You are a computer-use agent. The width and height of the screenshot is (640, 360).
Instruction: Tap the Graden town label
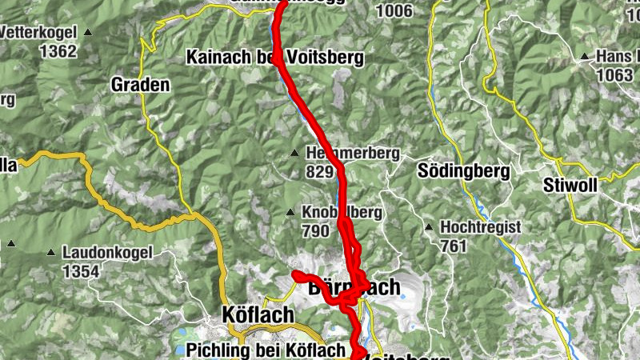pyautogui.click(x=140, y=85)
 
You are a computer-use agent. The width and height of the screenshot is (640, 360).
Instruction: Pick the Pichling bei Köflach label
pyautogui.click(x=267, y=350)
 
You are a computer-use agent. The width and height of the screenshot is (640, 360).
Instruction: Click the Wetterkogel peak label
pyautogui.click(x=40, y=33)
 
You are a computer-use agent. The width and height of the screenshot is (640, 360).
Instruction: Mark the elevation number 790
pyautogui.click(x=316, y=231)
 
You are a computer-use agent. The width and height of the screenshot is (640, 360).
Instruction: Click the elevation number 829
pyautogui.click(x=319, y=170)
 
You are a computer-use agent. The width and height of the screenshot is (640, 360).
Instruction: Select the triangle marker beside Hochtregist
pyautogui.click(x=429, y=228)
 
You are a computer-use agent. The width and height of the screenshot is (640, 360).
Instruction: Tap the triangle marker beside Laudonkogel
pyautogui.click(x=53, y=253)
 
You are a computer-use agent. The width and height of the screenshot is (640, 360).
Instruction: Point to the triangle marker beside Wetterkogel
pyautogui.click(x=88, y=33)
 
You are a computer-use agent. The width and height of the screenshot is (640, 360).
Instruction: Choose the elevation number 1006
pyautogui.click(x=397, y=11)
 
